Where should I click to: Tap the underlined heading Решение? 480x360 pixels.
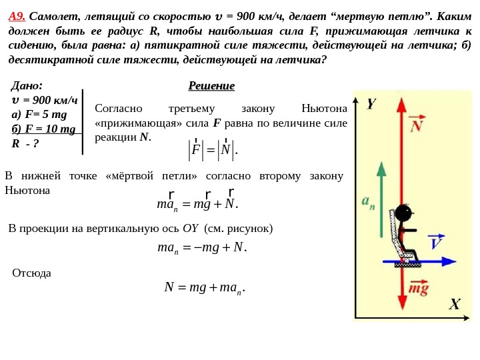pos(211,87)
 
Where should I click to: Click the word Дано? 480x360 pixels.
pos(27,86)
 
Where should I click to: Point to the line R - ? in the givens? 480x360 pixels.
pos(26,143)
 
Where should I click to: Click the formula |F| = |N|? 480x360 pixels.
pos(213,150)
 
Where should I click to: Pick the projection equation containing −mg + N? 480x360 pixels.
pos(202,249)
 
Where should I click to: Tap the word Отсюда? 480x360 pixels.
pos(32,273)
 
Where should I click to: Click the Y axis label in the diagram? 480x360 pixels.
pos(371,105)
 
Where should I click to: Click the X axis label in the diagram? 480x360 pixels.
pos(454,305)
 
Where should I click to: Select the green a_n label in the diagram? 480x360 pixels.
pos(368,201)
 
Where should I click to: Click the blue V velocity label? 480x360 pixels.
pos(436,242)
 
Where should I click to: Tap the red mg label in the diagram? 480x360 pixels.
pos(419,289)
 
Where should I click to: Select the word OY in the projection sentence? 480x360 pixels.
pos(191,229)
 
